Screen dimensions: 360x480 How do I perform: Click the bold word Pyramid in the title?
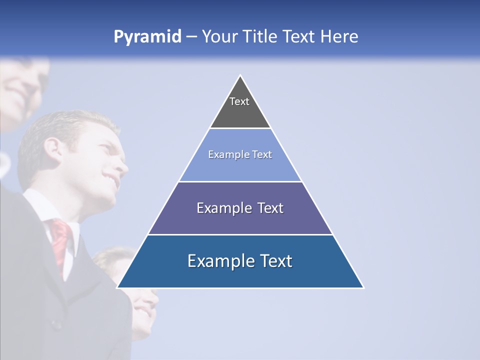[x=147, y=37]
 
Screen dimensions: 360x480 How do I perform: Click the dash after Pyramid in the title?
[x=191, y=37]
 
